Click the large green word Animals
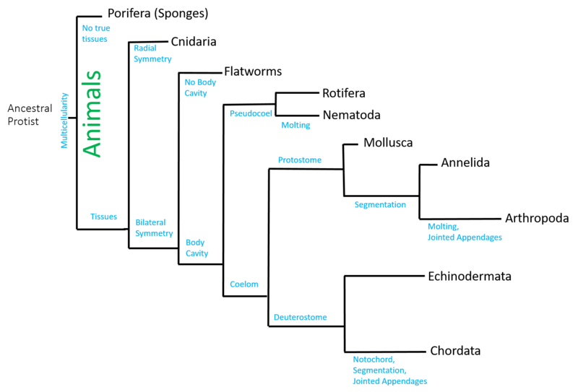tap(92, 113)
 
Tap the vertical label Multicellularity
tap(65, 120)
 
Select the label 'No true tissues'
tap(95, 33)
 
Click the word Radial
tap(144, 48)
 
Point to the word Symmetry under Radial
tap(152, 59)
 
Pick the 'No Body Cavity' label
tap(200, 87)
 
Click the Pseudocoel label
tap(251, 113)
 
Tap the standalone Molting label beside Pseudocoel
tap(296, 125)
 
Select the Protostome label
tap(299, 160)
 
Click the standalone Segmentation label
tap(380, 204)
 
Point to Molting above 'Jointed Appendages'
tap(442, 226)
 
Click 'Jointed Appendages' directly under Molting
tap(464, 237)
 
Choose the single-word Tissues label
tap(103, 217)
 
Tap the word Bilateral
tap(150, 222)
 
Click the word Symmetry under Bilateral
tap(154, 233)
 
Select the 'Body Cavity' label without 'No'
tap(197, 248)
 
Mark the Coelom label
tap(243, 284)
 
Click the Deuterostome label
tap(300, 317)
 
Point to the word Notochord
tap(374, 359)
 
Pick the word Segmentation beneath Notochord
tap(379, 370)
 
